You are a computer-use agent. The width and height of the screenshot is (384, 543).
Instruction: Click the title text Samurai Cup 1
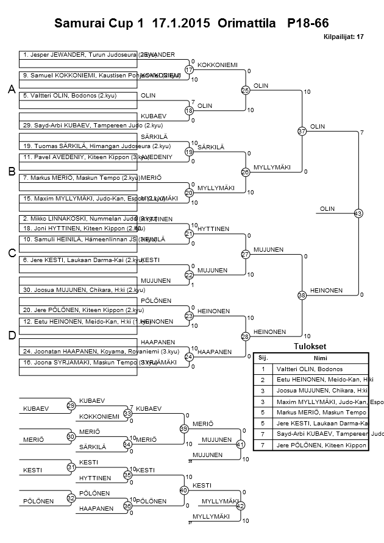[100, 24]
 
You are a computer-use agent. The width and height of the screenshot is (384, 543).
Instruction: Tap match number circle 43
[358, 213]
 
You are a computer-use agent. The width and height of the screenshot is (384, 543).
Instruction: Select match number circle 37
[302, 131]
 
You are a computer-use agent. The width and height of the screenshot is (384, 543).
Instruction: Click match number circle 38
[302, 295]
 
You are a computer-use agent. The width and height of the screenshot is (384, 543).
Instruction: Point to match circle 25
[245, 90]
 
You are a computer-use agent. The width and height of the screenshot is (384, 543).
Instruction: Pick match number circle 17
[189, 70]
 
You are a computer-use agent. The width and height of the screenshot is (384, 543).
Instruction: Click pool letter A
[12, 90]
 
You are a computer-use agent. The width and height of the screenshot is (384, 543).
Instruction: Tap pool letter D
[12, 335]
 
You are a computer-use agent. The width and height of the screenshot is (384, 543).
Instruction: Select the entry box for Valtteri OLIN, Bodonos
[79, 96]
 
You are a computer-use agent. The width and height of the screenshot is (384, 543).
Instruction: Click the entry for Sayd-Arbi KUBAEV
[79, 125]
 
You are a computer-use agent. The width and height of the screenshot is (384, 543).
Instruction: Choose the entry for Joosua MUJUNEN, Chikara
[79, 289]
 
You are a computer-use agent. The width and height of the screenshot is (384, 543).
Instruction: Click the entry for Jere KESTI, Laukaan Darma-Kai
[79, 260]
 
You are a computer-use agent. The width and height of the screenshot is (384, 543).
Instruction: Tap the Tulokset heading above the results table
[311, 346]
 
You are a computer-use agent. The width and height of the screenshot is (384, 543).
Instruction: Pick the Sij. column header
[263, 358]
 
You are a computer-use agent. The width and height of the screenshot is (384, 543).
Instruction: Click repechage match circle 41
[240, 444]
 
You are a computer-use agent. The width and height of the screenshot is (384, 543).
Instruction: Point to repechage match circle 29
[71, 405]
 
